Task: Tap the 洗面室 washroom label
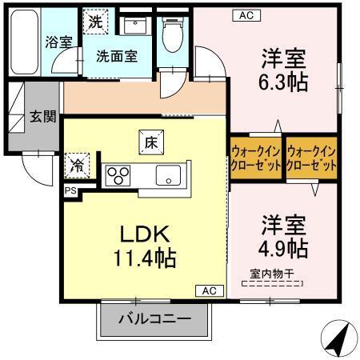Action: [x=117, y=56]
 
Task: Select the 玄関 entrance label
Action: [x=43, y=116]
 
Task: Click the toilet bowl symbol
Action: [x=169, y=34]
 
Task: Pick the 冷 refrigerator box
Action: [x=78, y=166]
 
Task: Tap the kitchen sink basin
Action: [x=169, y=175]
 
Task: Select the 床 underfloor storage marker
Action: [x=151, y=142]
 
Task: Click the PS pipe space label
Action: [x=70, y=191]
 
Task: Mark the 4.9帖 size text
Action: [x=283, y=246]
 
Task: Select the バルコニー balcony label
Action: [x=155, y=319]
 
